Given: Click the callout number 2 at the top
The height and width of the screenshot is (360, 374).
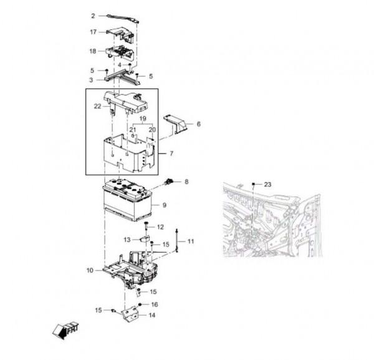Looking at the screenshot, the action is tap(93, 16).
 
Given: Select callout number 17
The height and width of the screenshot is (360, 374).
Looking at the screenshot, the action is tap(93, 32).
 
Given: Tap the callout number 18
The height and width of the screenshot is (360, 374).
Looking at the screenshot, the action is tap(93, 51).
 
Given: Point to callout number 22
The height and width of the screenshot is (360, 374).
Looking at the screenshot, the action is tap(98, 106).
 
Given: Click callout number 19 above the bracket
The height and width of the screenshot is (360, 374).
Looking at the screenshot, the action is tap(143, 119).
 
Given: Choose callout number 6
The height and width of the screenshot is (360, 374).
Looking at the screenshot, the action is tap(198, 124).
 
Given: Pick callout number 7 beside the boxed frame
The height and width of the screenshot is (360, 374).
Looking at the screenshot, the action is tap(171, 153).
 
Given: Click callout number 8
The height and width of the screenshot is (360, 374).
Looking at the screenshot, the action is tap(186, 182).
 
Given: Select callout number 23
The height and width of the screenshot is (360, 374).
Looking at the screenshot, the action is tap(267, 184).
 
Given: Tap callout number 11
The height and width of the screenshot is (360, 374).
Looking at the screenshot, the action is tap(191, 241).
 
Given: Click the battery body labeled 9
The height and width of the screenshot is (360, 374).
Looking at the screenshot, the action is tap(128, 200).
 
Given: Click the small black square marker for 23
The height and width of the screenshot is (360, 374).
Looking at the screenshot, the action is tap(254, 184).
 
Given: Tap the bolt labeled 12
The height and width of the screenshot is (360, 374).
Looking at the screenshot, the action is tap(146, 226).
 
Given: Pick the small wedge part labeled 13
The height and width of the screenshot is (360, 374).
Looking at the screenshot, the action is tap(145, 239).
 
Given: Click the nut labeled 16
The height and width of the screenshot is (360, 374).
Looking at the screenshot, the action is tap(140, 304).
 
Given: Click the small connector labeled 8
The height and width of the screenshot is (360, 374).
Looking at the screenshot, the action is tap(168, 183).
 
